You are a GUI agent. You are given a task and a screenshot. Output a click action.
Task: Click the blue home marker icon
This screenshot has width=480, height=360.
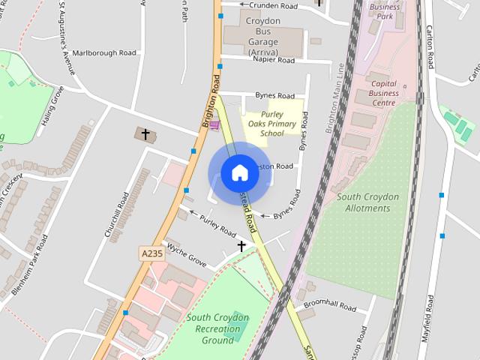(x=239, y=173)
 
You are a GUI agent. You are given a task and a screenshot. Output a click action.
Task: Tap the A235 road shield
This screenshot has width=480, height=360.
(x=151, y=254)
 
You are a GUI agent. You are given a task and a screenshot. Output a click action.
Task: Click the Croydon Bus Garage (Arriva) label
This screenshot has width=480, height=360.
(x=262, y=37)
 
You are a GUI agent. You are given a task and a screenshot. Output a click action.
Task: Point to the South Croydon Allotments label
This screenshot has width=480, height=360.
(x=367, y=202)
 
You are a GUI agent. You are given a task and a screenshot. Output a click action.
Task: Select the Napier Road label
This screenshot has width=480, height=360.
(x=274, y=60)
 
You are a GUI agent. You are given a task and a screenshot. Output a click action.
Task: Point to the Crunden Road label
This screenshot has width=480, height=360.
(x=274, y=6)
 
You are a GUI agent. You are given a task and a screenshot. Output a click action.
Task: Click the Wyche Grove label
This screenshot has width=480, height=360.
(x=187, y=255)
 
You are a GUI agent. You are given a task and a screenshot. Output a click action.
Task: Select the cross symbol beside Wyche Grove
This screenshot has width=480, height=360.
(x=241, y=246)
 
